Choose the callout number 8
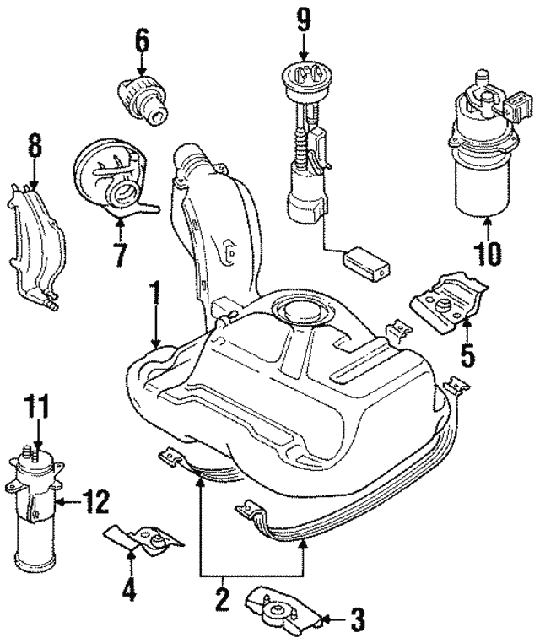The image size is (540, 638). pos(35,145)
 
